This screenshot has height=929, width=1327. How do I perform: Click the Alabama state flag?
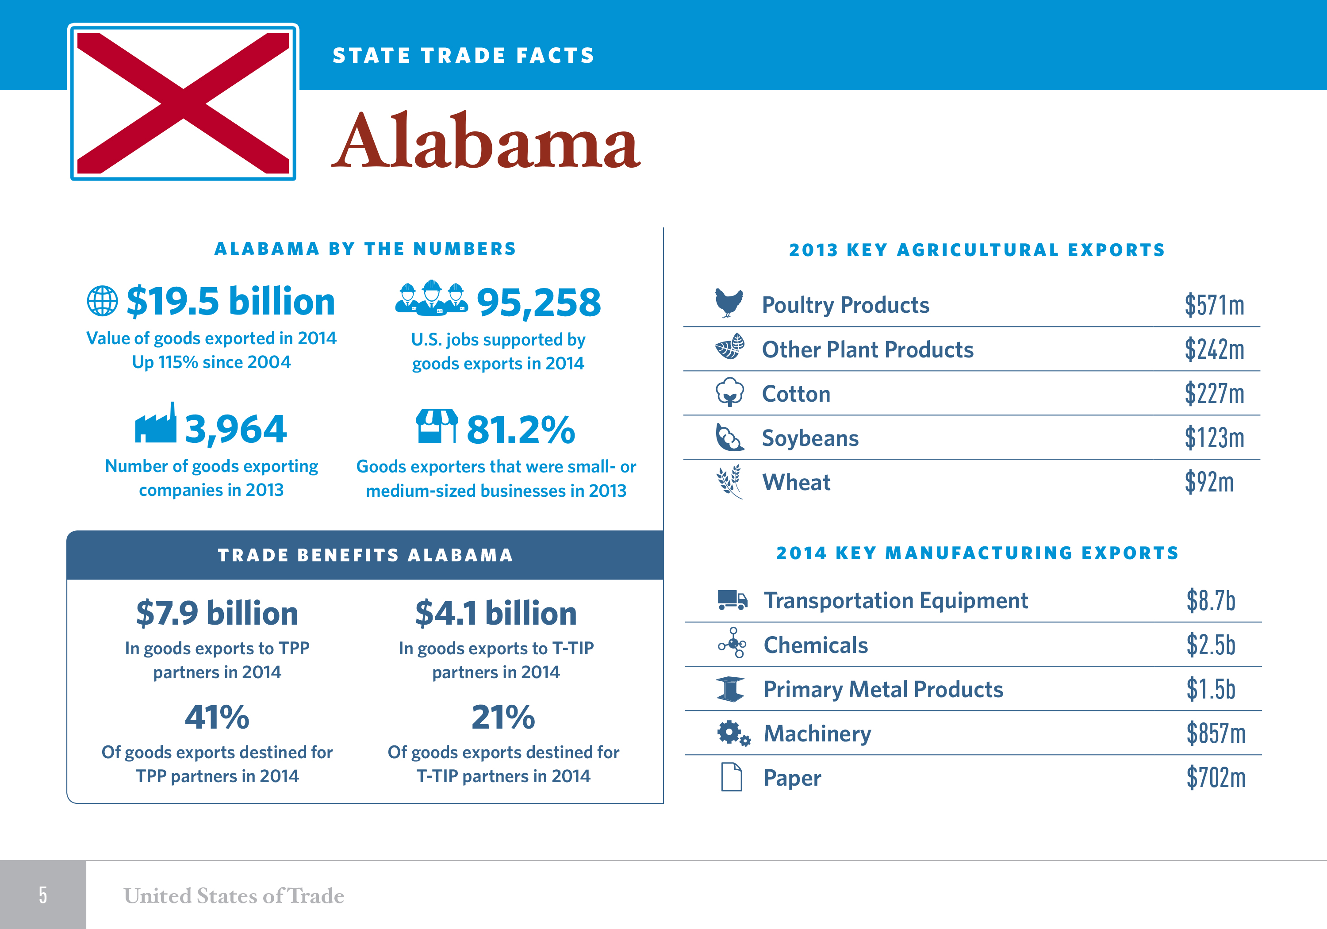183,102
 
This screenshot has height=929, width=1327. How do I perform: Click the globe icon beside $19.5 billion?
102,301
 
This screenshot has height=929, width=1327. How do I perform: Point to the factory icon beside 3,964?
155,424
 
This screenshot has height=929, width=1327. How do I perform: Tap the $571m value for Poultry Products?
1214,305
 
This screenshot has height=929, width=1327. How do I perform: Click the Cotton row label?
796,394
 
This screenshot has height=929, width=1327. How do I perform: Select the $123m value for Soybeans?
1214,438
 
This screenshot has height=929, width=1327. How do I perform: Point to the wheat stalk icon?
729,482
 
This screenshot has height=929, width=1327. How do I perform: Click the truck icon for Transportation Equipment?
732,600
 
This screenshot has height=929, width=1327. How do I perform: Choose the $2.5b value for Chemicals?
1210,645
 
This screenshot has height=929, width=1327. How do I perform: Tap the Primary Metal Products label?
883,689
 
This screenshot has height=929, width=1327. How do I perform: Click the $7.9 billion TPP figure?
217,613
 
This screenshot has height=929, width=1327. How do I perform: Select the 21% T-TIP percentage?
503,718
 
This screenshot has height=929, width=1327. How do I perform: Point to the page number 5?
43,895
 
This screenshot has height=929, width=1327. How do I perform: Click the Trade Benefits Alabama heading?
365,555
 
